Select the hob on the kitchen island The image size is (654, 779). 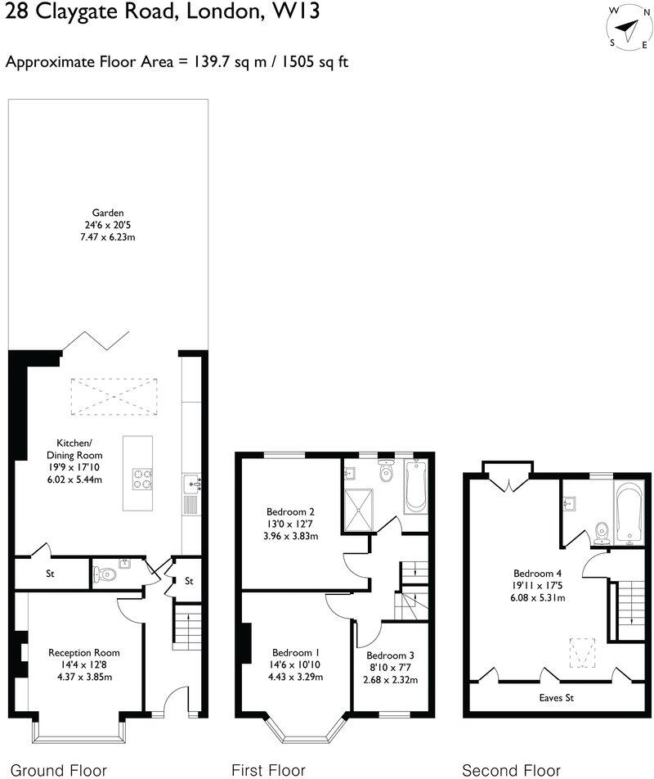pyautogui.click(x=141, y=477)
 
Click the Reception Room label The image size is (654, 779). pyautogui.click(x=84, y=652)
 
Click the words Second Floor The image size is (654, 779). pyautogui.click(x=512, y=770)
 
